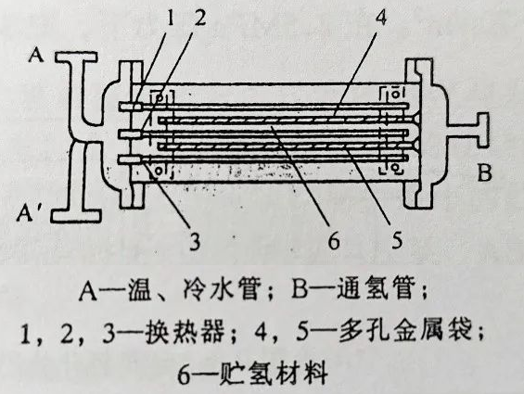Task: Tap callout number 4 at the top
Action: pos(380,17)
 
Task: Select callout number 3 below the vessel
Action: pos(195,240)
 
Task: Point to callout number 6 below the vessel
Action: pos(334,240)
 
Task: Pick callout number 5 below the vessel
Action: pos(397,239)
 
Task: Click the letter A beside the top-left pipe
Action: pos(36,54)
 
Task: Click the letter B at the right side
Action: pos(484,172)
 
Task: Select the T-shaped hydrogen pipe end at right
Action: pos(481,131)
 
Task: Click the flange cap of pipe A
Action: pos(76,57)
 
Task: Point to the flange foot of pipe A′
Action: pos(75,216)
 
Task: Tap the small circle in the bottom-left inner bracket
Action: pos(159,171)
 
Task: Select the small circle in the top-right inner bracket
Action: pos(396,94)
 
